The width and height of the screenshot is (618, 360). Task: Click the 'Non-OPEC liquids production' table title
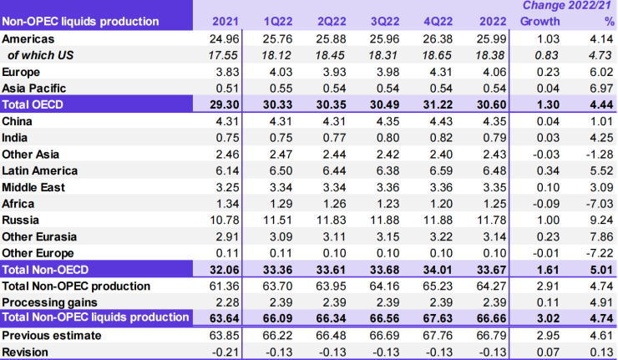[80, 21]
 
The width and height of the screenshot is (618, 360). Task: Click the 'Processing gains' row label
[49, 302]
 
